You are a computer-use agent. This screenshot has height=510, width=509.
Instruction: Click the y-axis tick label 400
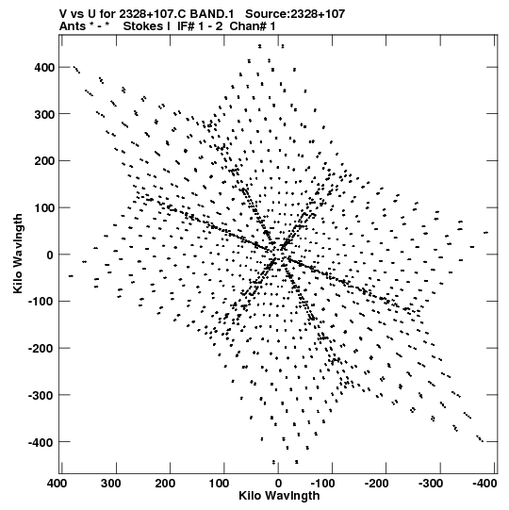click(x=44, y=67)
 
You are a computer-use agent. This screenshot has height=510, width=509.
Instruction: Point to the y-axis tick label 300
click(x=44, y=114)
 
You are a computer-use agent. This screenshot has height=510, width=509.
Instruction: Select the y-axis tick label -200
click(x=41, y=349)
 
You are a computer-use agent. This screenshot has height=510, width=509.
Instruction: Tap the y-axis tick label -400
click(x=41, y=442)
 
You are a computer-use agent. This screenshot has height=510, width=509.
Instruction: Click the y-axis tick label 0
click(x=50, y=255)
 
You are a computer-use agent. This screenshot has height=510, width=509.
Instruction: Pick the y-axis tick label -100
click(x=41, y=302)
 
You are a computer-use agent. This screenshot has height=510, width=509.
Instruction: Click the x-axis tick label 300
click(x=110, y=484)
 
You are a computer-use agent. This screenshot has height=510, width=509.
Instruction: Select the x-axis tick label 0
click(x=278, y=484)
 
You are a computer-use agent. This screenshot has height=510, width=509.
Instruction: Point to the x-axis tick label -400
click(x=484, y=484)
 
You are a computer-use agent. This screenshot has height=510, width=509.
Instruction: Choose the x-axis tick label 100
click(x=219, y=484)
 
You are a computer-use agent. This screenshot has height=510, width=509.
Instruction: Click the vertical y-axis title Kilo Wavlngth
click(x=18, y=254)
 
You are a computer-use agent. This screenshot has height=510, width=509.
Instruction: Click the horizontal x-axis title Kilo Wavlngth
click(x=279, y=495)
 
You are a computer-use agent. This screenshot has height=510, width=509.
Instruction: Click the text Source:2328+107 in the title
click(x=295, y=14)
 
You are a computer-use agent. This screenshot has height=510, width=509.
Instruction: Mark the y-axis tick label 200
click(x=44, y=161)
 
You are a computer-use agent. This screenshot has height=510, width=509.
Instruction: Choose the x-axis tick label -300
click(x=431, y=484)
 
